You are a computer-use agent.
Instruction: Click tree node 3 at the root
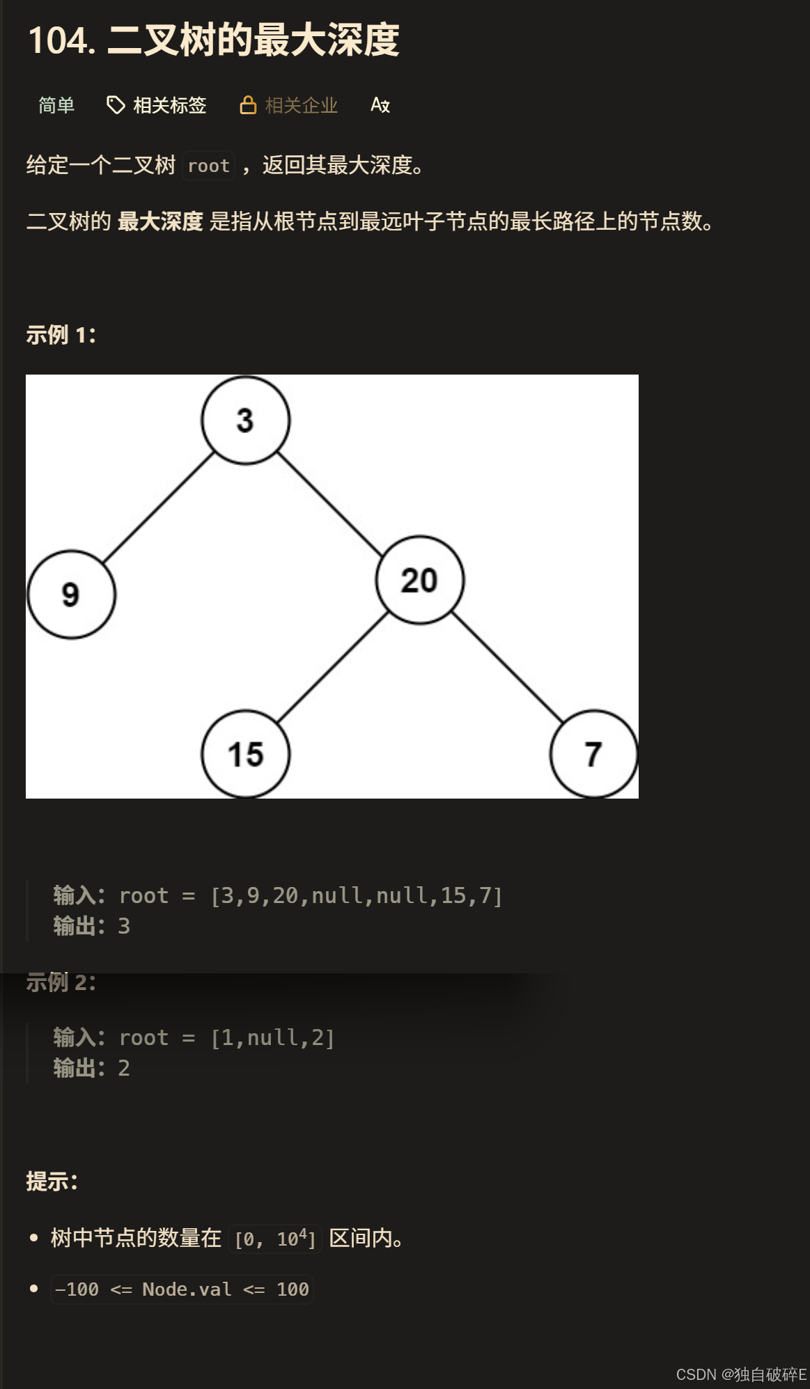pyautogui.click(x=245, y=421)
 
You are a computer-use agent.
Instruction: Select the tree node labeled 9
pyautogui.click(x=71, y=595)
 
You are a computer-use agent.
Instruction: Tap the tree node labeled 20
pyautogui.click(x=419, y=580)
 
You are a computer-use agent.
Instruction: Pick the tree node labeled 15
pyautogui.click(x=245, y=754)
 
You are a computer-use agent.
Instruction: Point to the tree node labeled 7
pyautogui.click(x=593, y=754)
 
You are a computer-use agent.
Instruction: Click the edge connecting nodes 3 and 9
pyautogui.click(x=158, y=508)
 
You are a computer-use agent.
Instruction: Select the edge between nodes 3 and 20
pyautogui.click(x=331, y=505)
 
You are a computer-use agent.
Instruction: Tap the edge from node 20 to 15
pyautogui.click(x=332, y=667)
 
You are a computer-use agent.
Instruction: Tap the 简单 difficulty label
pyautogui.click(x=56, y=105)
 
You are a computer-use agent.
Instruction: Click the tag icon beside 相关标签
pyautogui.click(x=115, y=105)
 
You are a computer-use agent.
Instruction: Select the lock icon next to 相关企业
pyautogui.click(x=248, y=105)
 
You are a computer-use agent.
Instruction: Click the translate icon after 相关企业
pyautogui.click(x=380, y=105)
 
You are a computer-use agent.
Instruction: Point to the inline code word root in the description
pyautogui.click(x=208, y=166)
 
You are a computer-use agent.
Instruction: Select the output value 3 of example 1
pyautogui.click(x=124, y=926)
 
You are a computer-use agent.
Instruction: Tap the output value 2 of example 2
pyautogui.click(x=124, y=1068)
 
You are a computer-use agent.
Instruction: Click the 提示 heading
pyautogui.click(x=52, y=1182)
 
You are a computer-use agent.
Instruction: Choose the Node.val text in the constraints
pyautogui.click(x=186, y=1289)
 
